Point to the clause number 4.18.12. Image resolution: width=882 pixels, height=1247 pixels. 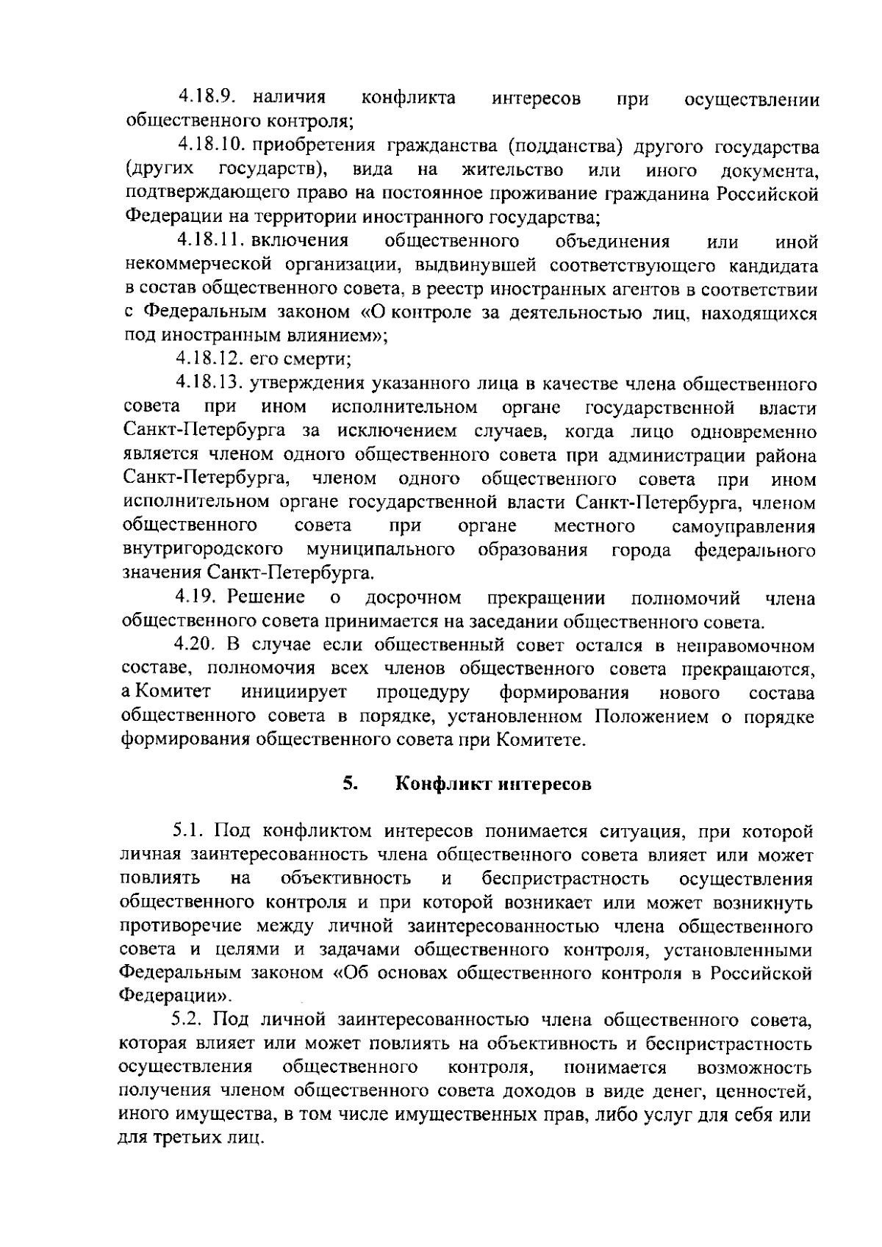click(208, 359)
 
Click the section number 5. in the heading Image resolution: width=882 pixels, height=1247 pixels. click(350, 783)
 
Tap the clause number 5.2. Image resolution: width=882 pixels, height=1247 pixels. click(189, 1020)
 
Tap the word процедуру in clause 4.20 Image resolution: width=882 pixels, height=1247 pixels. click(423, 693)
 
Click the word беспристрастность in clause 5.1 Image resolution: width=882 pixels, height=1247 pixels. click(565, 879)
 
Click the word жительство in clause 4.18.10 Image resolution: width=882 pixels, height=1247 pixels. click(513, 170)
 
